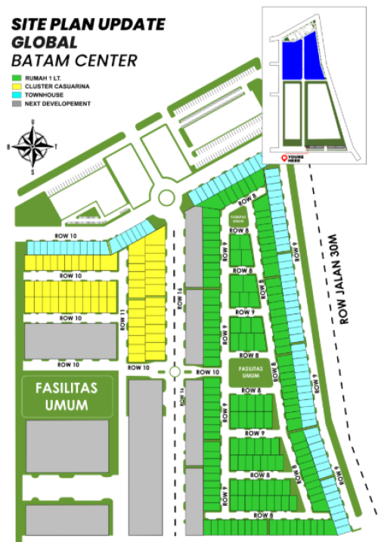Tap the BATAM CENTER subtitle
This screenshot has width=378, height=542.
pyautogui.click(x=74, y=60)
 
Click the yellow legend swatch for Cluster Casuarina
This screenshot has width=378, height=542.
pyautogui.click(x=15, y=87)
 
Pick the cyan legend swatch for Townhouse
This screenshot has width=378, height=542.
pyautogui.click(x=15, y=95)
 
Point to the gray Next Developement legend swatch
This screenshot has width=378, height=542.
pyautogui.click(x=15, y=103)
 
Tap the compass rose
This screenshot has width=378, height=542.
pyautogui.click(x=32, y=146)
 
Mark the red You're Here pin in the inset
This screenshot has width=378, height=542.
pyautogui.click(x=284, y=158)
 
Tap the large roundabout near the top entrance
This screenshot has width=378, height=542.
pyautogui.click(x=166, y=199)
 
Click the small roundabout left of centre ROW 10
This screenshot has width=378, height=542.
pyautogui.click(x=174, y=372)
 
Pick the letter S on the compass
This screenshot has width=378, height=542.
pyautogui.click(x=32, y=172)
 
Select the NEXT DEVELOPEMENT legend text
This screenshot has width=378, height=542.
pyautogui.click(x=58, y=103)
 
